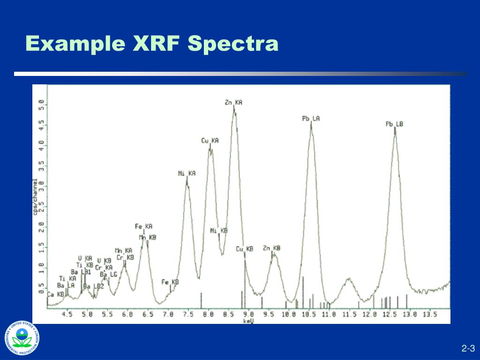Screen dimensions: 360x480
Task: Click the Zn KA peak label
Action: coord(233,102)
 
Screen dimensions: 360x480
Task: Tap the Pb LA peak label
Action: coord(311,119)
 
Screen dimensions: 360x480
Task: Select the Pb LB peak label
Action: coord(394,124)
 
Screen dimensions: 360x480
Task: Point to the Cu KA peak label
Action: coord(210,141)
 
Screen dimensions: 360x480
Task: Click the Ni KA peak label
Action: coord(187,173)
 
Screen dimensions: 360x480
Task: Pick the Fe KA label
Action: coord(144,226)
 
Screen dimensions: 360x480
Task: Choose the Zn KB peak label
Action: coord(271,248)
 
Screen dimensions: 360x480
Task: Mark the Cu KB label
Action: coord(244,249)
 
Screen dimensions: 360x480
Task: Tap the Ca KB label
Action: coord(56,294)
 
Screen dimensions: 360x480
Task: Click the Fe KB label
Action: coord(170,282)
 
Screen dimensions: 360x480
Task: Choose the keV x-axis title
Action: coord(248,321)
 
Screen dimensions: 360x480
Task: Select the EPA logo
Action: coord(22,337)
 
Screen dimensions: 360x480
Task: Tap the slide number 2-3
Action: coord(468,348)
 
